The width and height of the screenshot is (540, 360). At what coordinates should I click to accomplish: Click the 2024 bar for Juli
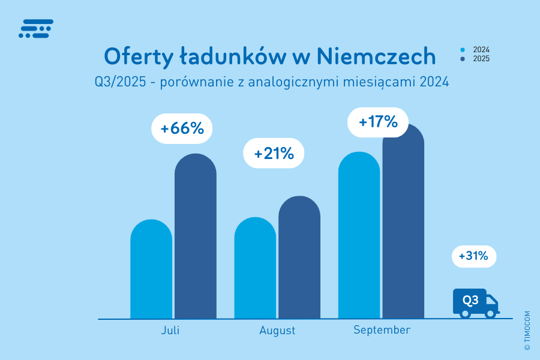coord(151,270)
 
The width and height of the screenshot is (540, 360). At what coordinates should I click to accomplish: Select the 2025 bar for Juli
coord(196,237)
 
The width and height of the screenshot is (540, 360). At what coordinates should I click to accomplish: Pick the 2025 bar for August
coord(299,258)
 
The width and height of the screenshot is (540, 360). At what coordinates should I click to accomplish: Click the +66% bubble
coord(182,128)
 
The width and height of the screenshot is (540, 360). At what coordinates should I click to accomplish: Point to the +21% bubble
coord(274,154)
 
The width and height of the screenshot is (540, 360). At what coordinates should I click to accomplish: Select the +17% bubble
coord(378,122)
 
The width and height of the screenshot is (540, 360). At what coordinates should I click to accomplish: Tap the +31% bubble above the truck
coord(474,257)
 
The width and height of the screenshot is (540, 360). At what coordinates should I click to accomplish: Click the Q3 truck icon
coord(475,303)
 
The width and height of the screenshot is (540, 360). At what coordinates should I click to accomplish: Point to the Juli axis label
coord(170,331)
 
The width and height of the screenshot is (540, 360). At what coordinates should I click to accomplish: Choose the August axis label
coord(277,331)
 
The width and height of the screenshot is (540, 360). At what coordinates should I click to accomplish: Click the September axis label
coord(382,330)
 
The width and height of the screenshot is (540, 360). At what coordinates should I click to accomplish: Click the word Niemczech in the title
coord(376,56)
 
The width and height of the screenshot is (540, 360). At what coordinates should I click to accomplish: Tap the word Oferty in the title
coord(137,56)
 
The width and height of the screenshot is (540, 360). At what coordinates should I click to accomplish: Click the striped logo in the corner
coord(36,29)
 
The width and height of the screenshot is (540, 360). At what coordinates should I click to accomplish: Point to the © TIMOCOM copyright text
coord(527,330)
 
